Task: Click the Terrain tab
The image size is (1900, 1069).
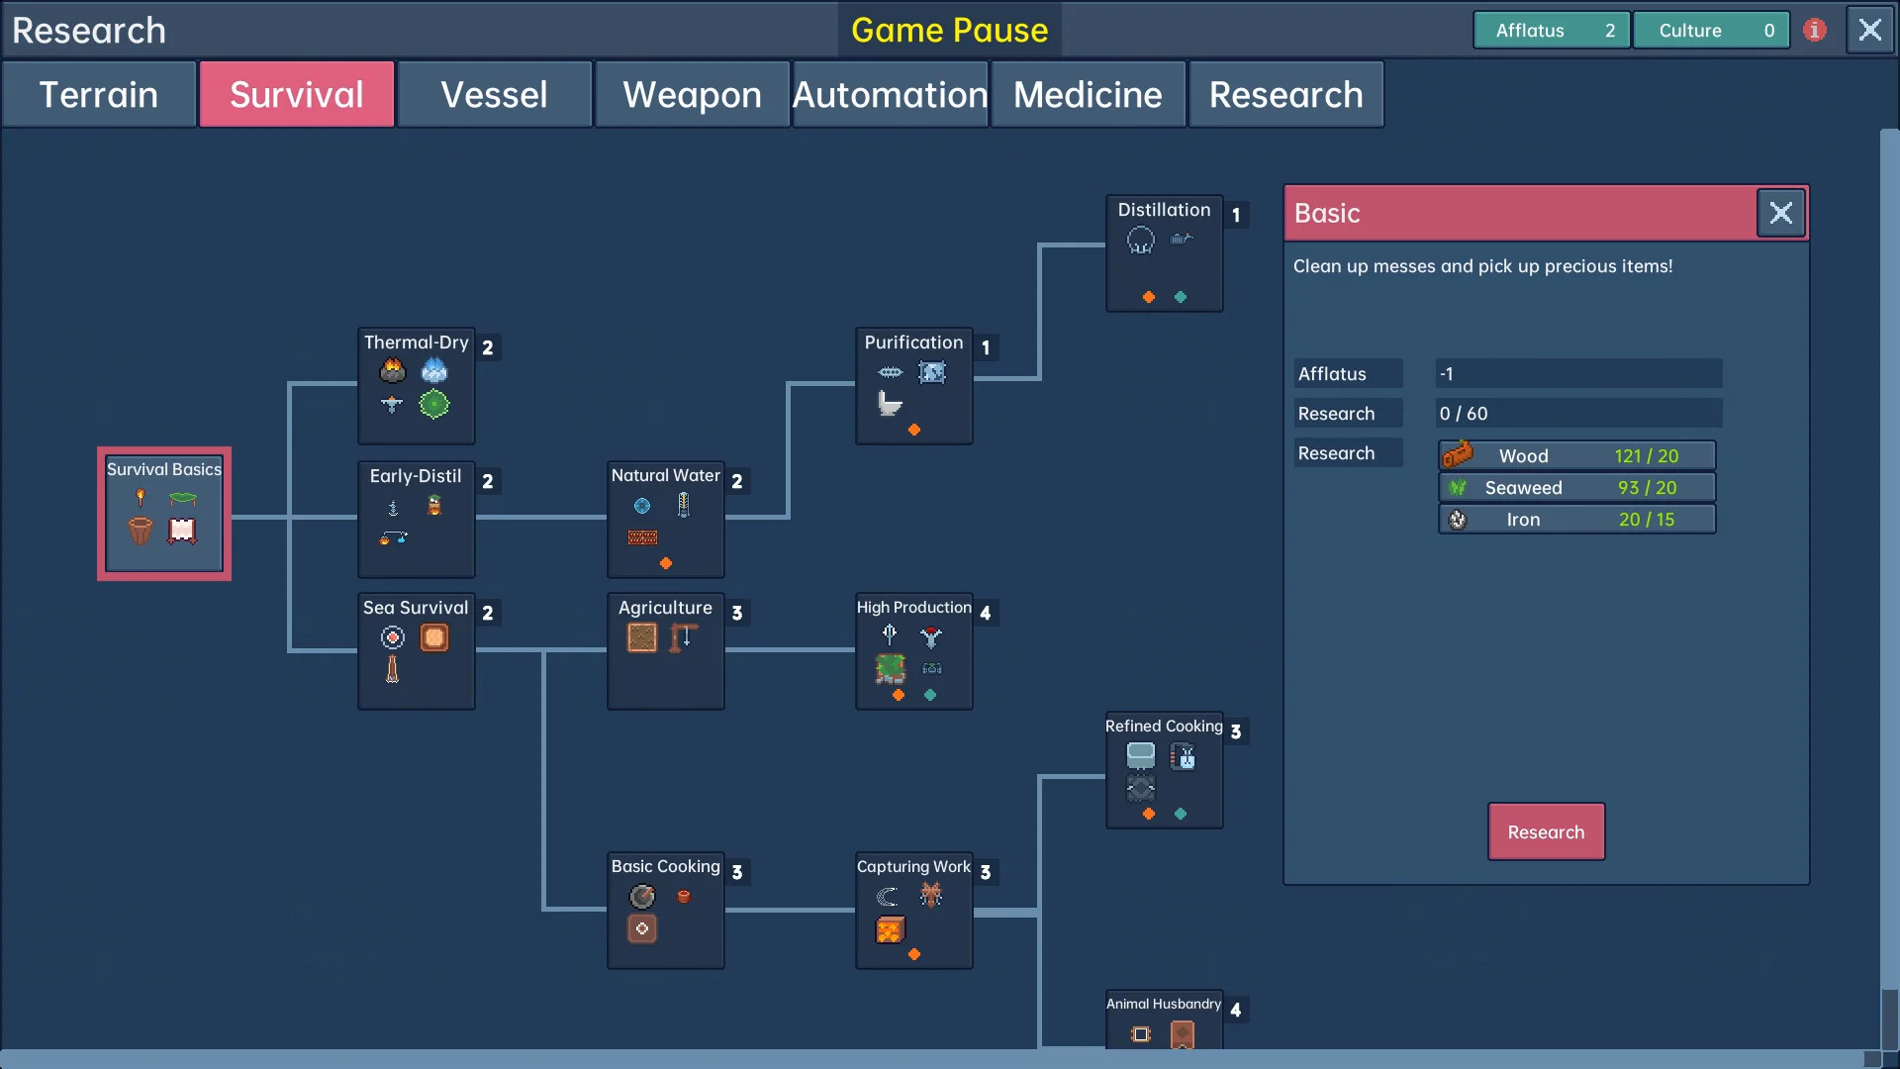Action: coord(99,95)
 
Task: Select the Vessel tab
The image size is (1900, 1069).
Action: coord(494,95)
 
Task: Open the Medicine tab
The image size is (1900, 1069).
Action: coord(1088,95)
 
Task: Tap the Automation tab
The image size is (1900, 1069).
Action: coord(890,95)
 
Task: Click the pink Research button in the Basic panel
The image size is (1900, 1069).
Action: coord(1546,831)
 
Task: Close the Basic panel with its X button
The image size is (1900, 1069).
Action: coord(1780,213)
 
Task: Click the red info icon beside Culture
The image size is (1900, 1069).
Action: coord(1814,30)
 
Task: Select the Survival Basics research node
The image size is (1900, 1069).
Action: coord(164,513)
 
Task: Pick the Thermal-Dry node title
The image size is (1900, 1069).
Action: coord(416,342)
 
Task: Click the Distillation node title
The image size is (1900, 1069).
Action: coord(1164,210)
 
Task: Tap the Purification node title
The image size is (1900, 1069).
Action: coord(913,342)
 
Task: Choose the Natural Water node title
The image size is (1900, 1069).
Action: coord(665,475)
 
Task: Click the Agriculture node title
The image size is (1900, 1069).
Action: coord(665,608)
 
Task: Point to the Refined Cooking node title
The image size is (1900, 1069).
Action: coord(1164,727)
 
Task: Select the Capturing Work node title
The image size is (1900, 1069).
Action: coord(913,867)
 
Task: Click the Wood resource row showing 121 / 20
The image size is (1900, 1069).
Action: coord(1576,455)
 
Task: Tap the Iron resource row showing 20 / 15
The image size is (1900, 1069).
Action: coord(1576,520)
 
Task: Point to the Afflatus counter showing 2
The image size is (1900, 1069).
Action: coord(1551,30)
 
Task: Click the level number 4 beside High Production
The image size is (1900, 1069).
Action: coord(985,614)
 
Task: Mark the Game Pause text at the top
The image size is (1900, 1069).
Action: coord(949,30)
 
